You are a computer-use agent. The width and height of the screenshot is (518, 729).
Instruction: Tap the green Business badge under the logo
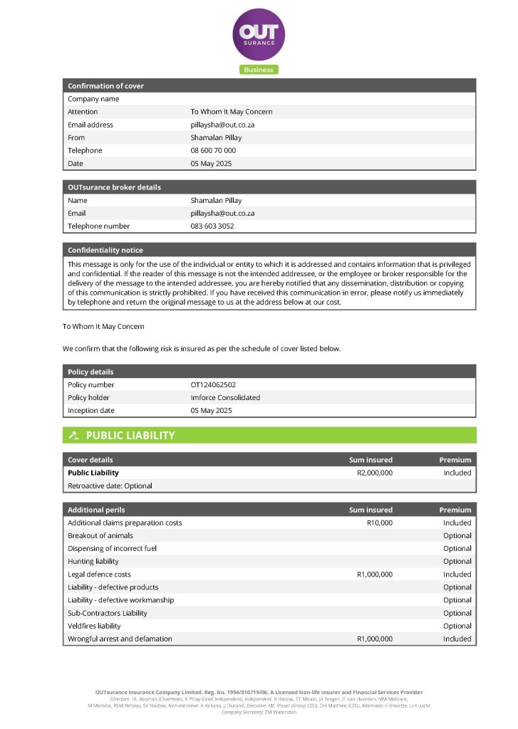[259, 70]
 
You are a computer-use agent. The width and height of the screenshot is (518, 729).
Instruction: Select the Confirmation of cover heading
[105, 86]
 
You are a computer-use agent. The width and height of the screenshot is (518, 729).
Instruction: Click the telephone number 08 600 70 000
[213, 150]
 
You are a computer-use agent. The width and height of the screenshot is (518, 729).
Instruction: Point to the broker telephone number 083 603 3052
[212, 226]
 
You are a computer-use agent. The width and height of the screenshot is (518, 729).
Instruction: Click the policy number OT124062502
[213, 385]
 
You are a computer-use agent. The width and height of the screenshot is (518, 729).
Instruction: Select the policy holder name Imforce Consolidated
[225, 398]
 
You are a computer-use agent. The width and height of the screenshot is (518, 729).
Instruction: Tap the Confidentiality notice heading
[105, 251]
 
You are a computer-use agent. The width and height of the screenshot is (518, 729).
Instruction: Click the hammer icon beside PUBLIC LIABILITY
[73, 435]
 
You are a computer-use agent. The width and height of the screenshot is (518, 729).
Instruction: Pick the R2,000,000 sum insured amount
[374, 473]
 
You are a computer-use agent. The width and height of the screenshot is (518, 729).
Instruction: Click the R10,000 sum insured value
[379, 523]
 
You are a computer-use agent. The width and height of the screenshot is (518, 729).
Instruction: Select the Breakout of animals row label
[100, 536]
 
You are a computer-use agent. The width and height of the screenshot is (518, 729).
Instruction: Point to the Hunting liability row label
[93, 562]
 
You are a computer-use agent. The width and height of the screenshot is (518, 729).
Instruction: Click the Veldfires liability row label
[94, 626]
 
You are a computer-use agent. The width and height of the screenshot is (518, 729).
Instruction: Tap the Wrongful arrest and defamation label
[120, 639]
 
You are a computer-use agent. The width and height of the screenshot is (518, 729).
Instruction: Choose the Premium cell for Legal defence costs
[457, 575]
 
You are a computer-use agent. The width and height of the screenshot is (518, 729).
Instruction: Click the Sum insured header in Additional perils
[371, 510]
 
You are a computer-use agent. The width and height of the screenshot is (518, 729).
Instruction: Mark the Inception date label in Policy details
[91, 411]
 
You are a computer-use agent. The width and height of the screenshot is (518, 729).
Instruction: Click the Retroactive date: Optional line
[110, 486]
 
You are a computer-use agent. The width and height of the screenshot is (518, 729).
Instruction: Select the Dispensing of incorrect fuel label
[112, 549]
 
